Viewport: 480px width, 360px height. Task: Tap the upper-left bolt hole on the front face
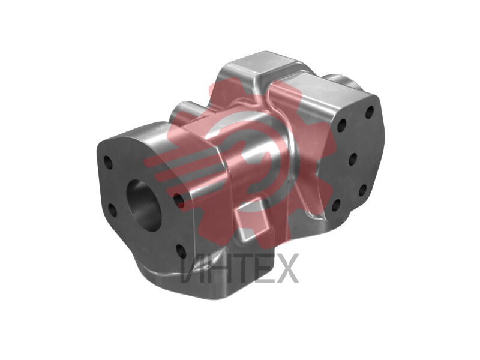[x=108, y=161]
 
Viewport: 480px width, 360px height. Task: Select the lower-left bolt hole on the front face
[x=112, y=209]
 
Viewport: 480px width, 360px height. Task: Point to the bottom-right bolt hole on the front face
[x=181, y=250]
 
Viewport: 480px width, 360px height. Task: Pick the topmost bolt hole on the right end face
[x=370, y=112]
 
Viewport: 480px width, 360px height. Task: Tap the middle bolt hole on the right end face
[x=353, y=159]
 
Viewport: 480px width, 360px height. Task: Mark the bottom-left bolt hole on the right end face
[x=336, y=205]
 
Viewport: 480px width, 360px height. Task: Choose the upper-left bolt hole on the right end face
[x=341, y=125]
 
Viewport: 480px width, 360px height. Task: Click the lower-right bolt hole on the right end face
[x=362, y=190]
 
